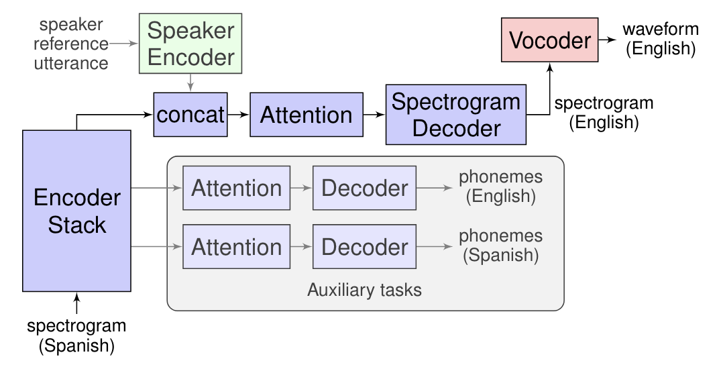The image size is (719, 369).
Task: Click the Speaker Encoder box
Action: point(190,43)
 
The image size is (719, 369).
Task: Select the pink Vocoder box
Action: point(549,40)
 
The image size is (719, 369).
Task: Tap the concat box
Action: point(190,115)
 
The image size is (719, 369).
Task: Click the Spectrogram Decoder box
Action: point(455,115)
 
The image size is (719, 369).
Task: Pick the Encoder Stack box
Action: point(76,211)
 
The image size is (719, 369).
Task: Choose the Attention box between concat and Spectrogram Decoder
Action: point(306,115)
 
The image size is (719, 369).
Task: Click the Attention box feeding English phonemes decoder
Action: point(236,188)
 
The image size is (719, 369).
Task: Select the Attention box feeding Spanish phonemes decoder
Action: point(236,247)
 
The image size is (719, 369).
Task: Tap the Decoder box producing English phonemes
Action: point(364,188)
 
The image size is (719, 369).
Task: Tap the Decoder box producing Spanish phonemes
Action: point(364,247)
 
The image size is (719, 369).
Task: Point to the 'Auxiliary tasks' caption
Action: point(364,290)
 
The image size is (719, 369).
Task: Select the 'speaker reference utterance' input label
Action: point(72,44)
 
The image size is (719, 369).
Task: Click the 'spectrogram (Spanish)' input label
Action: point(76,336)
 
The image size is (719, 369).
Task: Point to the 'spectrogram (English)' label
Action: point(604,113)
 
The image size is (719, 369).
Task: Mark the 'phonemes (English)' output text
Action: point(500,187)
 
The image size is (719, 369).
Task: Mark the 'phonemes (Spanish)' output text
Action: point(500,246)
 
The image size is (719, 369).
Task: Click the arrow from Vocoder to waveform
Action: point(606,40)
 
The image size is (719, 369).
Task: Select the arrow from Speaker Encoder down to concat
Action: point(190,83)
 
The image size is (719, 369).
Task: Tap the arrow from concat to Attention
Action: point(238,115)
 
